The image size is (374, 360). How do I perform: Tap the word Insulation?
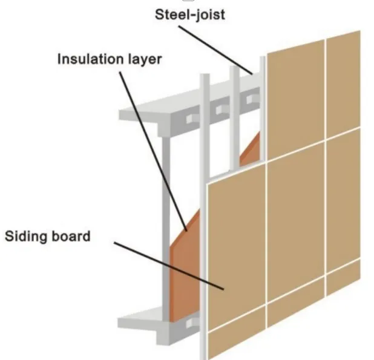tap(87, 60)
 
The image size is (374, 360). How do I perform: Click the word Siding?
tap(35, 236)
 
